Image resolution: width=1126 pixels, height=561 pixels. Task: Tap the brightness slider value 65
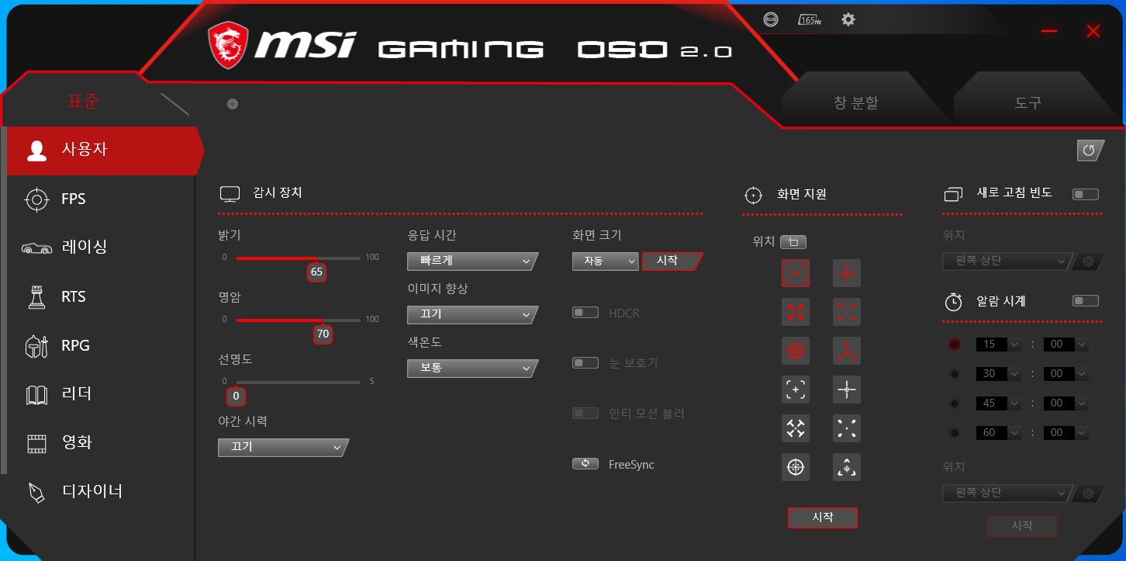pyautogui.click(x=316, y=272)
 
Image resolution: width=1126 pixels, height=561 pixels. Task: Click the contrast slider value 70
pyautogui.click(x=323, y=334)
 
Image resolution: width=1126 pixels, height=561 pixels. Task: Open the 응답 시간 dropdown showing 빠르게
pyautogui.click(x=472, y=261)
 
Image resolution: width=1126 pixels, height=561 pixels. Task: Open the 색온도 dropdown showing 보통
pyautogui.click(x=472, y=369)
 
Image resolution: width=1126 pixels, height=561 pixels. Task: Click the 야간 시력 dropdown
pyautogui.click(x=283, y=447)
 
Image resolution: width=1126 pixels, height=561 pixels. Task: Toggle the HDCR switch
pyautogui.click(x=585, y=313)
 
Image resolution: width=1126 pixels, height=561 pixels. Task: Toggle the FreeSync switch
pyautogui.click(x=585, y=464)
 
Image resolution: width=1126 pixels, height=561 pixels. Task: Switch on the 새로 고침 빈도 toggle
pyautogui.click(x=1085, y=194)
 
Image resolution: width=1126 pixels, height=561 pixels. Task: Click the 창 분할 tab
pyautogui.click(x=856, y=102)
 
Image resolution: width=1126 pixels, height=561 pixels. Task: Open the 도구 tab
pyautogui.click(x=1028, y=102)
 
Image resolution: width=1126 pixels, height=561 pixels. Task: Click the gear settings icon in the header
pyautogui.click(x=848, y=19)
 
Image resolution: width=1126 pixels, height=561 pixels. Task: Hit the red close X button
pyautogui.click(x=1093, y=31)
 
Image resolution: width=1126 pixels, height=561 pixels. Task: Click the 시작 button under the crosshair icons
pyautogui.click(x=822, y=518)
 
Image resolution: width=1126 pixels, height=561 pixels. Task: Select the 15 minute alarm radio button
pyautogui.click(x=954, y=345)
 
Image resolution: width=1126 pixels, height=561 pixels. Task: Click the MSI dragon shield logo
pyautogui.click(x=228, y=45)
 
